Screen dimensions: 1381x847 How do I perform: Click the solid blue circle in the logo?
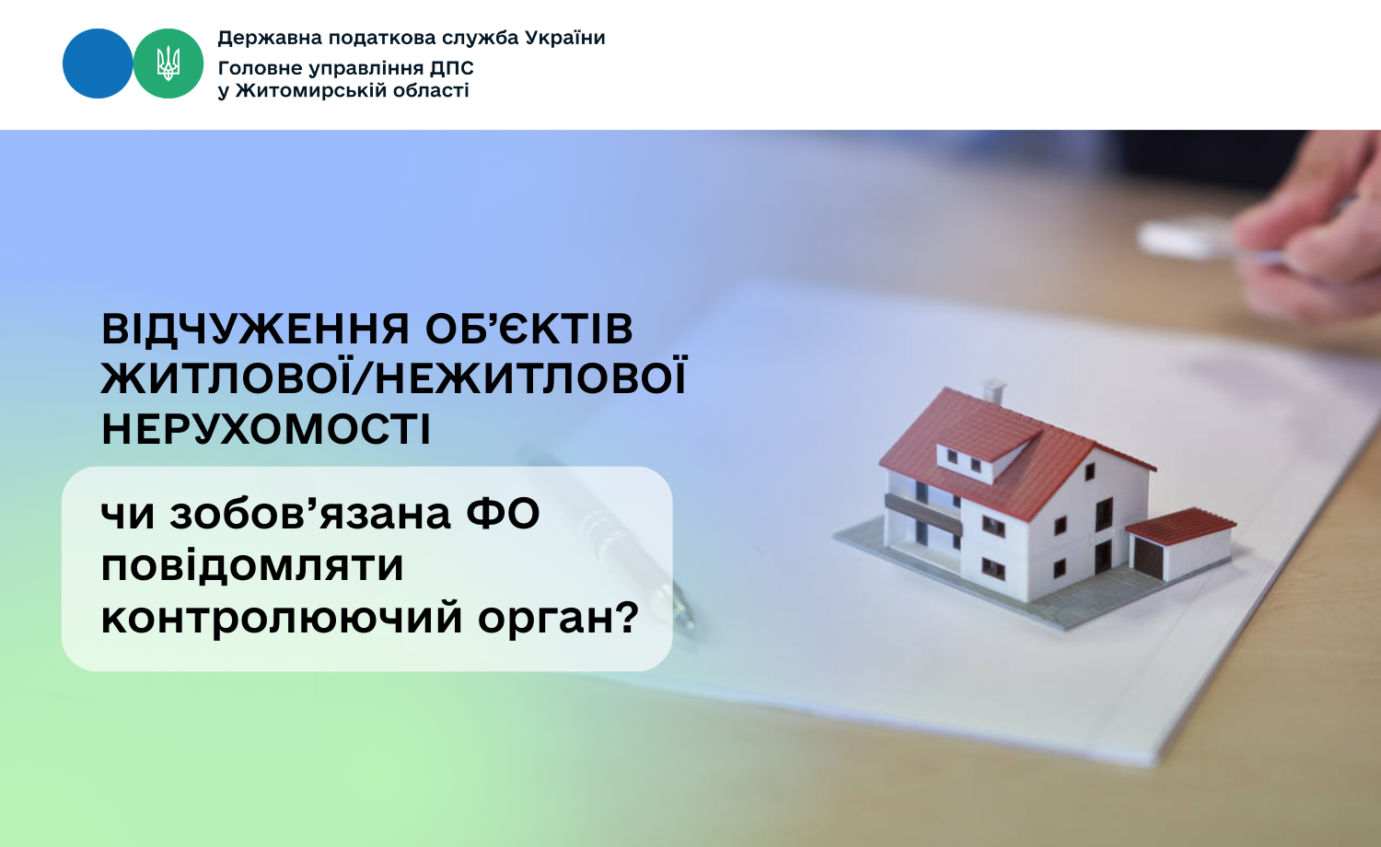click(x=98, y=64)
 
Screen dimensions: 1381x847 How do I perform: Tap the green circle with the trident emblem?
click(x=168, y=64)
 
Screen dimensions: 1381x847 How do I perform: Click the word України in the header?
click(x=565, y=38)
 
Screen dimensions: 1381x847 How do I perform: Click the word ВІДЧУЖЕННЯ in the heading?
click(x=256, y=329)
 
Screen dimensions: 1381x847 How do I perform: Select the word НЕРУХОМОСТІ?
click(x=266, y=430)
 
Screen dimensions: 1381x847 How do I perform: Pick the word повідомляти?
click(x=252, y=566)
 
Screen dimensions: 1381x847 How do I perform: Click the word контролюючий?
click(x=282, y=619)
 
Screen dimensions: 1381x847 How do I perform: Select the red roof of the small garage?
click(x=1180, y=526)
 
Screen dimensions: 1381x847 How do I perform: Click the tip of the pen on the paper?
click(x=691, y=624)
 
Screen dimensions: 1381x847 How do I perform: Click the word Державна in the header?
click(x=270, y=39)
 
